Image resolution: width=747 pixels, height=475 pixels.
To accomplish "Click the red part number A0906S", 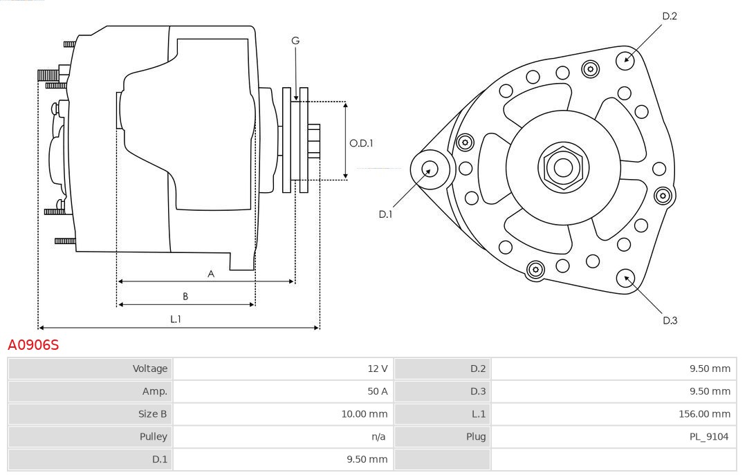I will pyautogui.click(x=33, y=345).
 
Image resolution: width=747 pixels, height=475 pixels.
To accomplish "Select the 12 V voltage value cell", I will pyautogui.click(x=377, y=369).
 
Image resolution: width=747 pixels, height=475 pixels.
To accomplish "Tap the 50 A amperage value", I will pyautogui.click(x=377, y=391).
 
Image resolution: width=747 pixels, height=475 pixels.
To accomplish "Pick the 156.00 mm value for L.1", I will pyautogui.click(x=704, y=414).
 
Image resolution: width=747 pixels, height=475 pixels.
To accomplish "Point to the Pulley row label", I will pyautogui.click(x=153, y=436).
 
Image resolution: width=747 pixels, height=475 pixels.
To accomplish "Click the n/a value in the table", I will pyautogui.click(x=378, y=436).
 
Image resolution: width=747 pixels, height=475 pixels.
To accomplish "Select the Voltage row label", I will pyautogui.click(x=149, y=369).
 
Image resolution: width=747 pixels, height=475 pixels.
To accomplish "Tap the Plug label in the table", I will pyautogui.click(x=475, y=436).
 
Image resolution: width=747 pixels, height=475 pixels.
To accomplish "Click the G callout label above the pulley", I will pyautogui.click(x=295, y=41).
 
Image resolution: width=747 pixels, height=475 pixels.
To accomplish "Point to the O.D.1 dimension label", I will pyautogui.click(x=361, y=143).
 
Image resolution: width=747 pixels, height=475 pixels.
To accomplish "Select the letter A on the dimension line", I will pyautogui.click(x=211, y=274).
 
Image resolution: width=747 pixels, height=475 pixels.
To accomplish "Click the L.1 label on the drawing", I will pyautogui.click(x=176, y=319).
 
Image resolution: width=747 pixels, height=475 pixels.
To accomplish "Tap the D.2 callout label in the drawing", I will pyautogui.click(x=669, y=16).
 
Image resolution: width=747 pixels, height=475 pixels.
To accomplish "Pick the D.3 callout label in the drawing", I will pyautogui.click(x=670, y=320).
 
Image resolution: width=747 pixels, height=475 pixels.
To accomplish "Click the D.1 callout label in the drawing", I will pyautogui.click(x=385, y=214).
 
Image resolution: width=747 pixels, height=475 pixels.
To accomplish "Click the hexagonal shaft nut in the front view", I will pyautogui.click(x=563, y=167).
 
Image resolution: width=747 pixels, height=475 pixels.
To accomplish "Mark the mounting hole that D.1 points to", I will pyautogui.click(x=430, y=168).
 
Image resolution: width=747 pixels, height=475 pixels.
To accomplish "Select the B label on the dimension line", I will pyautogui.click(x=185, y=297).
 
